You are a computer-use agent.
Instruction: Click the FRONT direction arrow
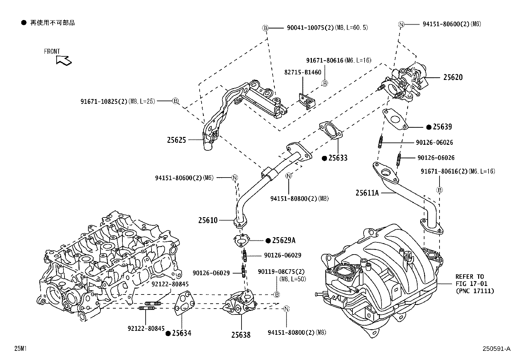click(x=63, y=60)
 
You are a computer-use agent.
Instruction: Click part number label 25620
click(x=453, y=77)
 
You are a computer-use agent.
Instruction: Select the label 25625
click(x=176, y=140)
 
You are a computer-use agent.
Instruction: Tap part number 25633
click(x=338, y=158)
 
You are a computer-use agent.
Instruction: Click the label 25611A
click(x=367, y=193)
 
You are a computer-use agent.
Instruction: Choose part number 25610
click(x=207, y=220)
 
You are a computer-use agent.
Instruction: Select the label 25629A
click(x=284, y=240)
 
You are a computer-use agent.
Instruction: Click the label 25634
click(x=182, y=333)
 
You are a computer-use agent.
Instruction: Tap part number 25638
click(x=241, y=335)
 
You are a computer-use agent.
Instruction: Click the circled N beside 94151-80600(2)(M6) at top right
click(x=402, y=24)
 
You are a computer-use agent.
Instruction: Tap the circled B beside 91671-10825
click(x=175, y=101)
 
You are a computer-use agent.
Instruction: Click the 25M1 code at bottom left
click(x=20, y=349)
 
